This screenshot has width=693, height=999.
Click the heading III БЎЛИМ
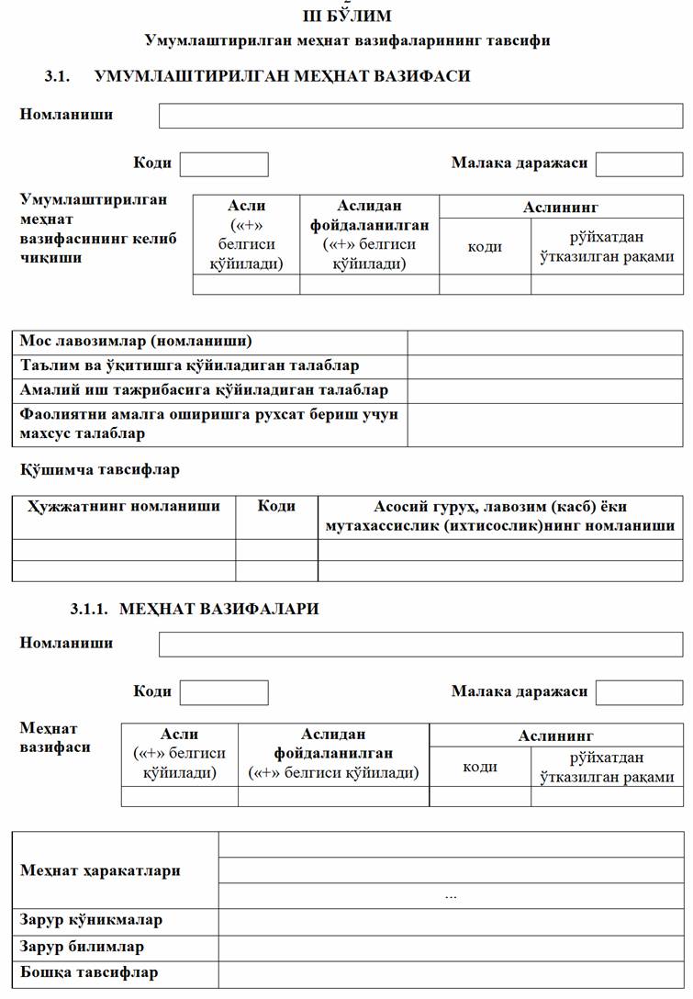pyautogui.click(x=346, y=17)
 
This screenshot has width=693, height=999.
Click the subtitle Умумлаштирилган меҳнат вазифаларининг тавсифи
pyautogui.click(x=347, y=40)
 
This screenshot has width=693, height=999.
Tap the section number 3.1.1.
pyautogui.click(x=89, y=609)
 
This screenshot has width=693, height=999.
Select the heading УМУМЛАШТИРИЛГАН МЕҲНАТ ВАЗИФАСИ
pyautogui.click(x=282, y=76)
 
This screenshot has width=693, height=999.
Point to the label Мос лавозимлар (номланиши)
pyautogui.click(x=136, y=342)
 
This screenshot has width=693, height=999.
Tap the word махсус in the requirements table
pyautogui.click(x=49, y=432)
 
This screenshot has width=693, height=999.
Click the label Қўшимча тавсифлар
pyautogui.click(x=99, y=469)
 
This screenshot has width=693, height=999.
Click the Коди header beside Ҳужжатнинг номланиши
pyautogui.click(x=276, y=506)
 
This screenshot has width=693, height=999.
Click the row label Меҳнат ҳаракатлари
pyautogui.click(x=100, y=870)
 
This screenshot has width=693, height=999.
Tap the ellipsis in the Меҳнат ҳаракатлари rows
pyautogui.click(x=450, y=895)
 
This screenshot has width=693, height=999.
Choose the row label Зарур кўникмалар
pyautogui.click(x=91, y=920)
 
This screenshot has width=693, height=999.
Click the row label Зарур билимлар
pyautogui.click(x=82, y=946)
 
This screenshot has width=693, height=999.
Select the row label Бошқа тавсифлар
pyautogui.click(x=89, y=972)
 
